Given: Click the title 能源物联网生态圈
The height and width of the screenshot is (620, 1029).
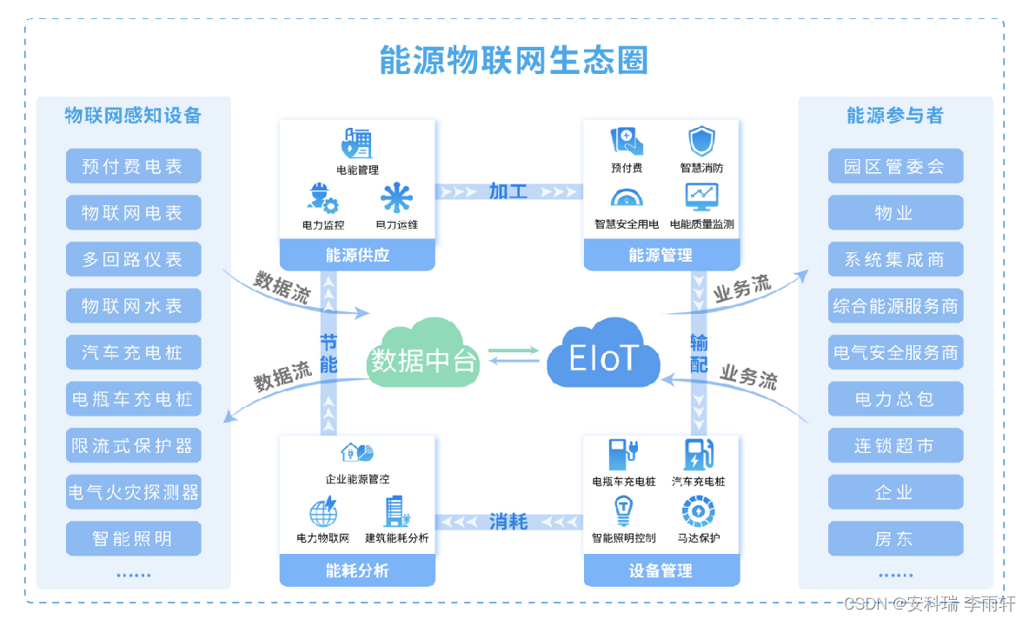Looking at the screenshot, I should coord(514,61).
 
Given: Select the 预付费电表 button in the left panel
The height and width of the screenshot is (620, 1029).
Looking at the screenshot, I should coord(133,166).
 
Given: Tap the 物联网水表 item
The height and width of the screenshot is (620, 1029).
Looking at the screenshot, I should coord(133,306).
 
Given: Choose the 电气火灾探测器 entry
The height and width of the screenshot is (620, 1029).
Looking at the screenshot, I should coord(133,493).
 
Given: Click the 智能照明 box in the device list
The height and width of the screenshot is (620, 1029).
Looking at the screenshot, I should coord(133,539).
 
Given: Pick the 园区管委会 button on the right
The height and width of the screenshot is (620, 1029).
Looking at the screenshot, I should coord(894,166).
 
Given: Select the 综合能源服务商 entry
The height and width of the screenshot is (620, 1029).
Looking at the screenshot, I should coord(894,306).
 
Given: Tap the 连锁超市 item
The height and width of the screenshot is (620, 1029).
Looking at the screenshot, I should coord(894,446).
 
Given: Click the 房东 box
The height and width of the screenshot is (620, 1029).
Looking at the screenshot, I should coord(894,539).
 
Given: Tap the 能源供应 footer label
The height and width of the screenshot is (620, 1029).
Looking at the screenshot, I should coord(357,255).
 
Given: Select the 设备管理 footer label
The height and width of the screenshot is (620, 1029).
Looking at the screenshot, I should coord(661,570).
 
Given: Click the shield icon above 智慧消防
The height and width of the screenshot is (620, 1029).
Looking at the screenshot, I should coord(701,142).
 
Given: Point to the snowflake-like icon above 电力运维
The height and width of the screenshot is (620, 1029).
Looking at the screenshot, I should coord(396,198).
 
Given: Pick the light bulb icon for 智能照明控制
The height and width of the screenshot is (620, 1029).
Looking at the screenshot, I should coord(623,510).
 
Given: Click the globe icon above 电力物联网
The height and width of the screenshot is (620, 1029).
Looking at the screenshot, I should coord(323,510).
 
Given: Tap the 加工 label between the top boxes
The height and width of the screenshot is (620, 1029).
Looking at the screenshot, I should coord(508,191).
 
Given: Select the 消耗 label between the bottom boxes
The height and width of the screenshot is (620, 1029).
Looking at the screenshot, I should coord(508,522).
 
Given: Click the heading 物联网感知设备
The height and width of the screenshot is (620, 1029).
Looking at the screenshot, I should coord(133,116).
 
